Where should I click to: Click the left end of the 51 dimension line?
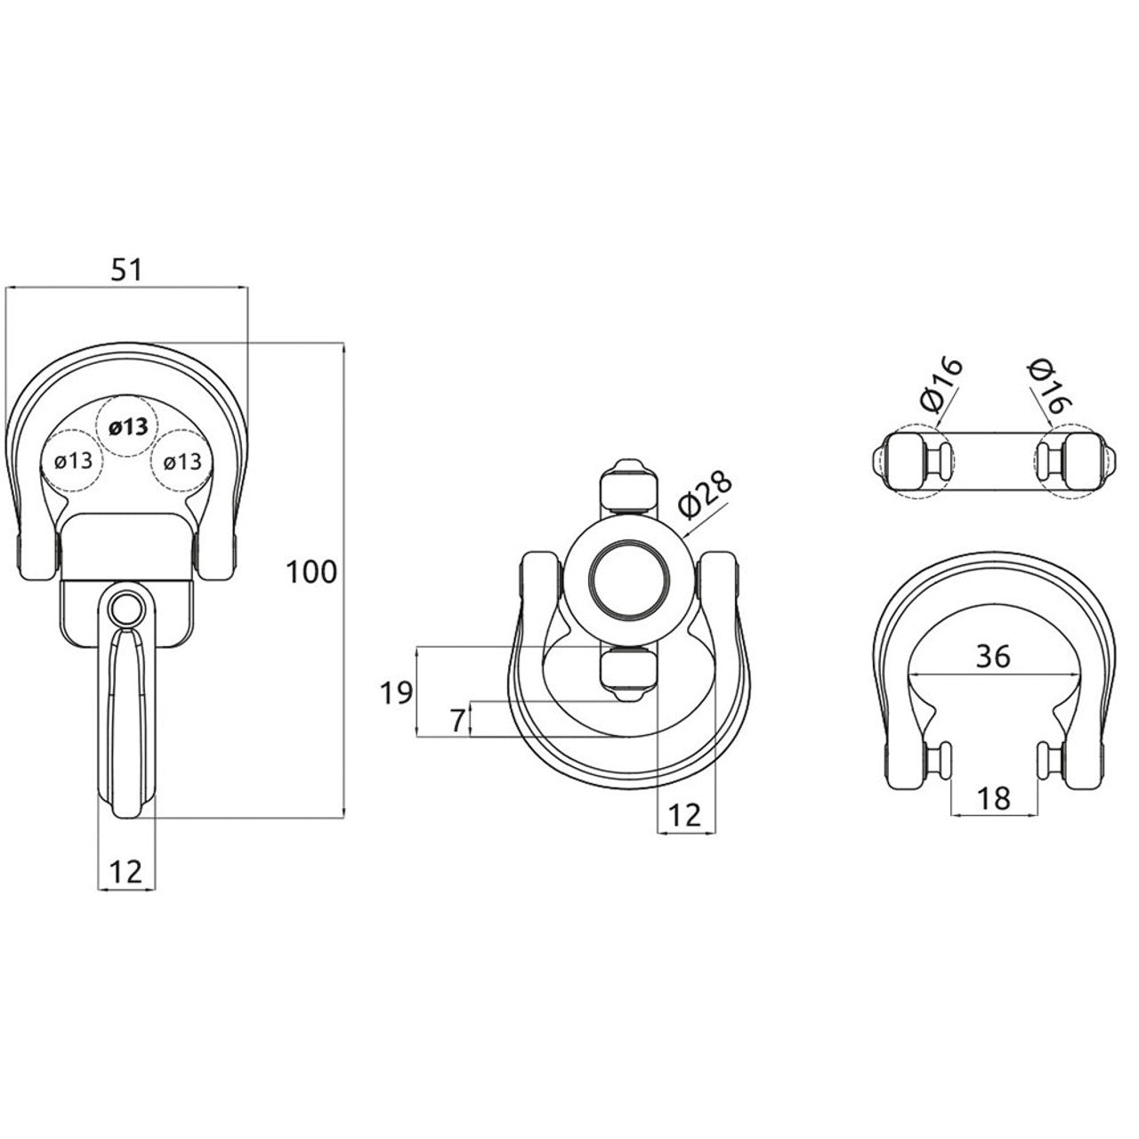point(5,287)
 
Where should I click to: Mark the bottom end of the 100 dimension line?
point(344,818)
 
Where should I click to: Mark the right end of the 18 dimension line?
point(1038,816)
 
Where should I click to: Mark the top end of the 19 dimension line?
point(418,647)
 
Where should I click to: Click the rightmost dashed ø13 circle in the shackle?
point(182,462)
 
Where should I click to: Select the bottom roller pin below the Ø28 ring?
point(627,675)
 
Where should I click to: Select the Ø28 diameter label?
point(705,498)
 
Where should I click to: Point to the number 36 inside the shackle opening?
point(994,657)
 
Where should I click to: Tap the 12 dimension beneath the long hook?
point(125,872)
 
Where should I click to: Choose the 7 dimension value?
point(456,721)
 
